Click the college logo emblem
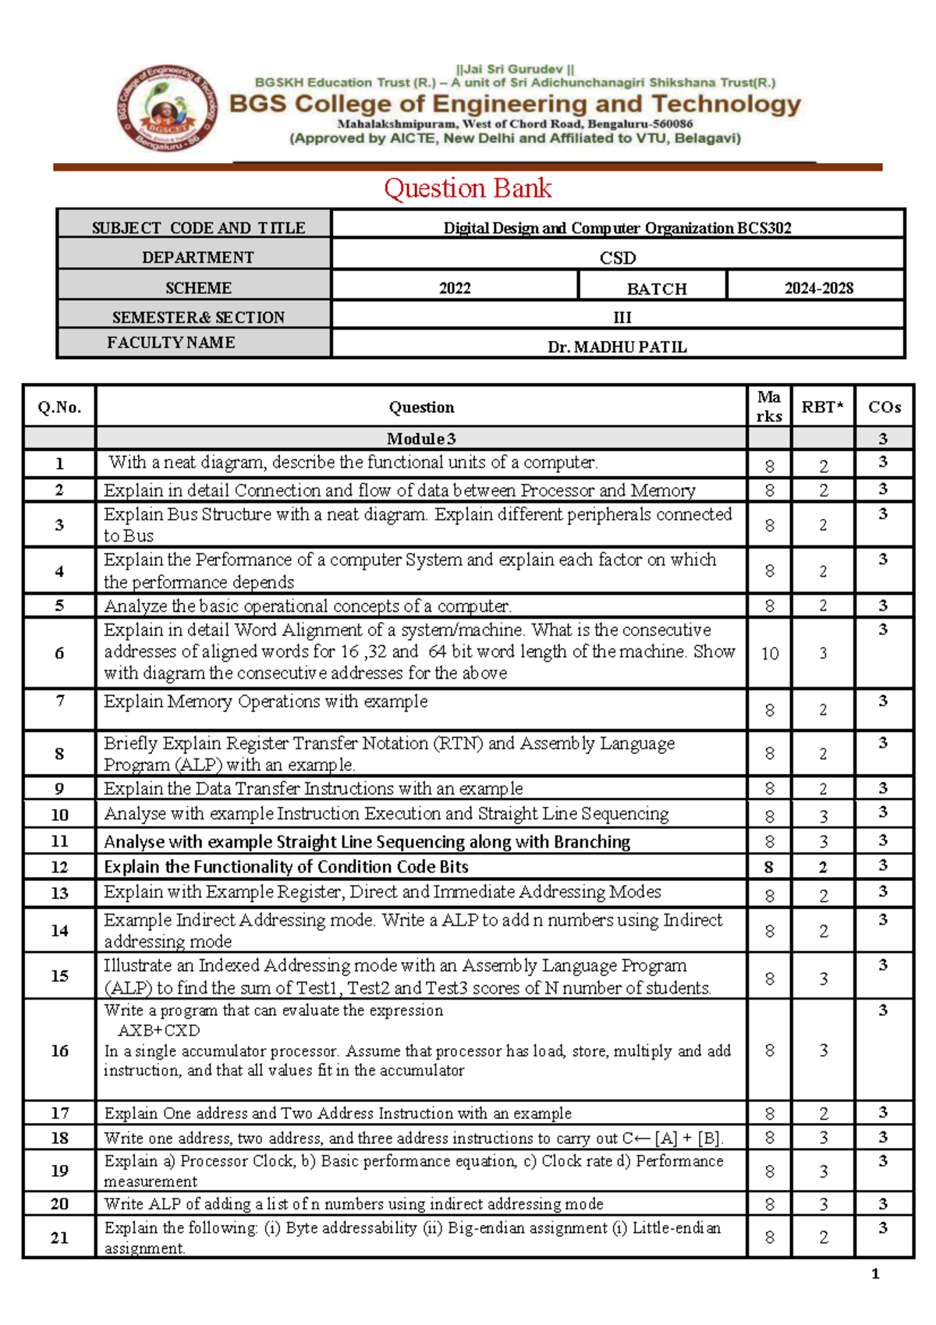click(x=167, y=108)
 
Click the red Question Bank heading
click(x=467, y=188)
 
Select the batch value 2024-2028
click(x=818, y=288)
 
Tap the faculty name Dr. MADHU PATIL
click(x=617, y=346)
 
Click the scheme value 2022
click(x=455, y=288)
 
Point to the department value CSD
click(x=617, y=258)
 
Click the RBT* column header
click(x=822, y=407)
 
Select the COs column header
click(x=884, y=407)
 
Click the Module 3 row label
click(x=421, y=439)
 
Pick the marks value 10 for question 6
click(x=769, y=653)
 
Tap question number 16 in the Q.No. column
click(x=59, y=1050)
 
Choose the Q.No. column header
click(x=59, y=407)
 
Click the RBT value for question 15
click(x=823, y=979)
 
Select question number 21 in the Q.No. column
click(x=59, y=1237)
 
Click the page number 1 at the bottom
click(x=874, y=1273)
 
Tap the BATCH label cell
click(x=657, y=288)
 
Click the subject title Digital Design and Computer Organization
click(x=588, y=228)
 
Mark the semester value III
click(x=622, y=317)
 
